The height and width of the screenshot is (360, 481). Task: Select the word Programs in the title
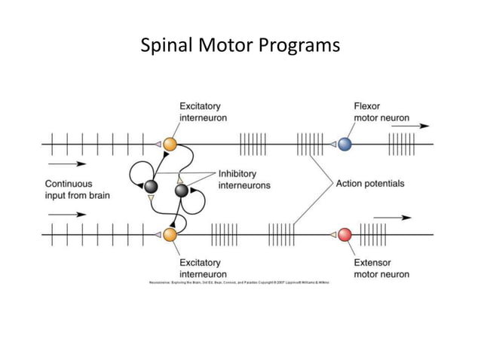(299, 47)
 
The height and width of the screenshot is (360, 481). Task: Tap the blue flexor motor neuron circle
(345, 144)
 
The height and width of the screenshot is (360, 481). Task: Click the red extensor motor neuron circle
(345, 234)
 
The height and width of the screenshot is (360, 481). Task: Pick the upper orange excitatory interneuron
(170, 144)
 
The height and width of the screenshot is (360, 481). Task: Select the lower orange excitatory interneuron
(170, 234)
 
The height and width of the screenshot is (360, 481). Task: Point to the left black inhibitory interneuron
(151, 186)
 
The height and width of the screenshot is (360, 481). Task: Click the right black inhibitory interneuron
(181, 190)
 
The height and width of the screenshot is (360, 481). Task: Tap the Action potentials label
(370, 183)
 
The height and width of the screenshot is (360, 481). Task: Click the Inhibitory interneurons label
(244, 179)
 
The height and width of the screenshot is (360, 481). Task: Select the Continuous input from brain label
(78, 189)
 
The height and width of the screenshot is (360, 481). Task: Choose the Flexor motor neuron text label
(381, 111)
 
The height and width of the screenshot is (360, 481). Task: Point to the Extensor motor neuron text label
(381, 268)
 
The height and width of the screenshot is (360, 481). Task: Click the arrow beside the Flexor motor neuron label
(410, 127)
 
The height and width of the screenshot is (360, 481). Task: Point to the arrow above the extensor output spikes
(392, 217)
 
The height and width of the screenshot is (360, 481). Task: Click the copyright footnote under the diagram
(239, 281)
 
